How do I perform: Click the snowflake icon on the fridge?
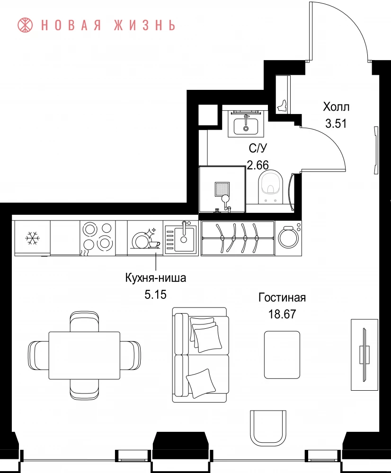pos(32,238)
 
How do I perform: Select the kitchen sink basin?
pos(183,236)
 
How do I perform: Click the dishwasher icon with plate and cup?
pos(146,238)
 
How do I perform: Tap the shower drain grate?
pos(222,189)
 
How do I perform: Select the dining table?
pos(84,355)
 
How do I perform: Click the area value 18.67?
pos(282,314)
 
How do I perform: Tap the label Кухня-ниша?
pos(155,278)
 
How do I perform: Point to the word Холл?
pos(336,107)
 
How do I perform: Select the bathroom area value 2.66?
pos(258,165)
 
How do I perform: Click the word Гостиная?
pos(282,298)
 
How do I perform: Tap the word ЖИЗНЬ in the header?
pos(145,26)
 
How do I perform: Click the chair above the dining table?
pos(84,322)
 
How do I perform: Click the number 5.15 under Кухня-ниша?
pos(155,294)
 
